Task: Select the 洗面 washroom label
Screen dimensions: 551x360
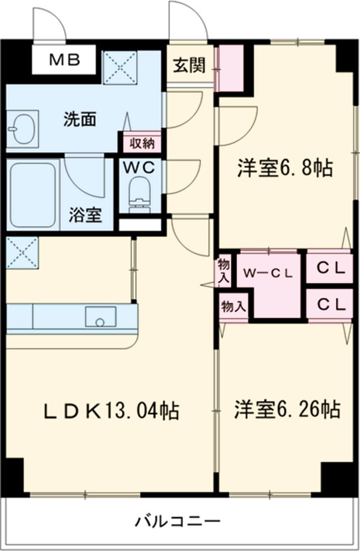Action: coord(80,119)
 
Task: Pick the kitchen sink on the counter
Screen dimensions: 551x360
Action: coord(100,317)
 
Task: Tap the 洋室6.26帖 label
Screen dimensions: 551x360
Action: coord(287,410)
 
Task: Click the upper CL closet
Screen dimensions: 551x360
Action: coord(331,269)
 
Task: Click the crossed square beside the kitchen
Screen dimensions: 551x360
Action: coord(22,253)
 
